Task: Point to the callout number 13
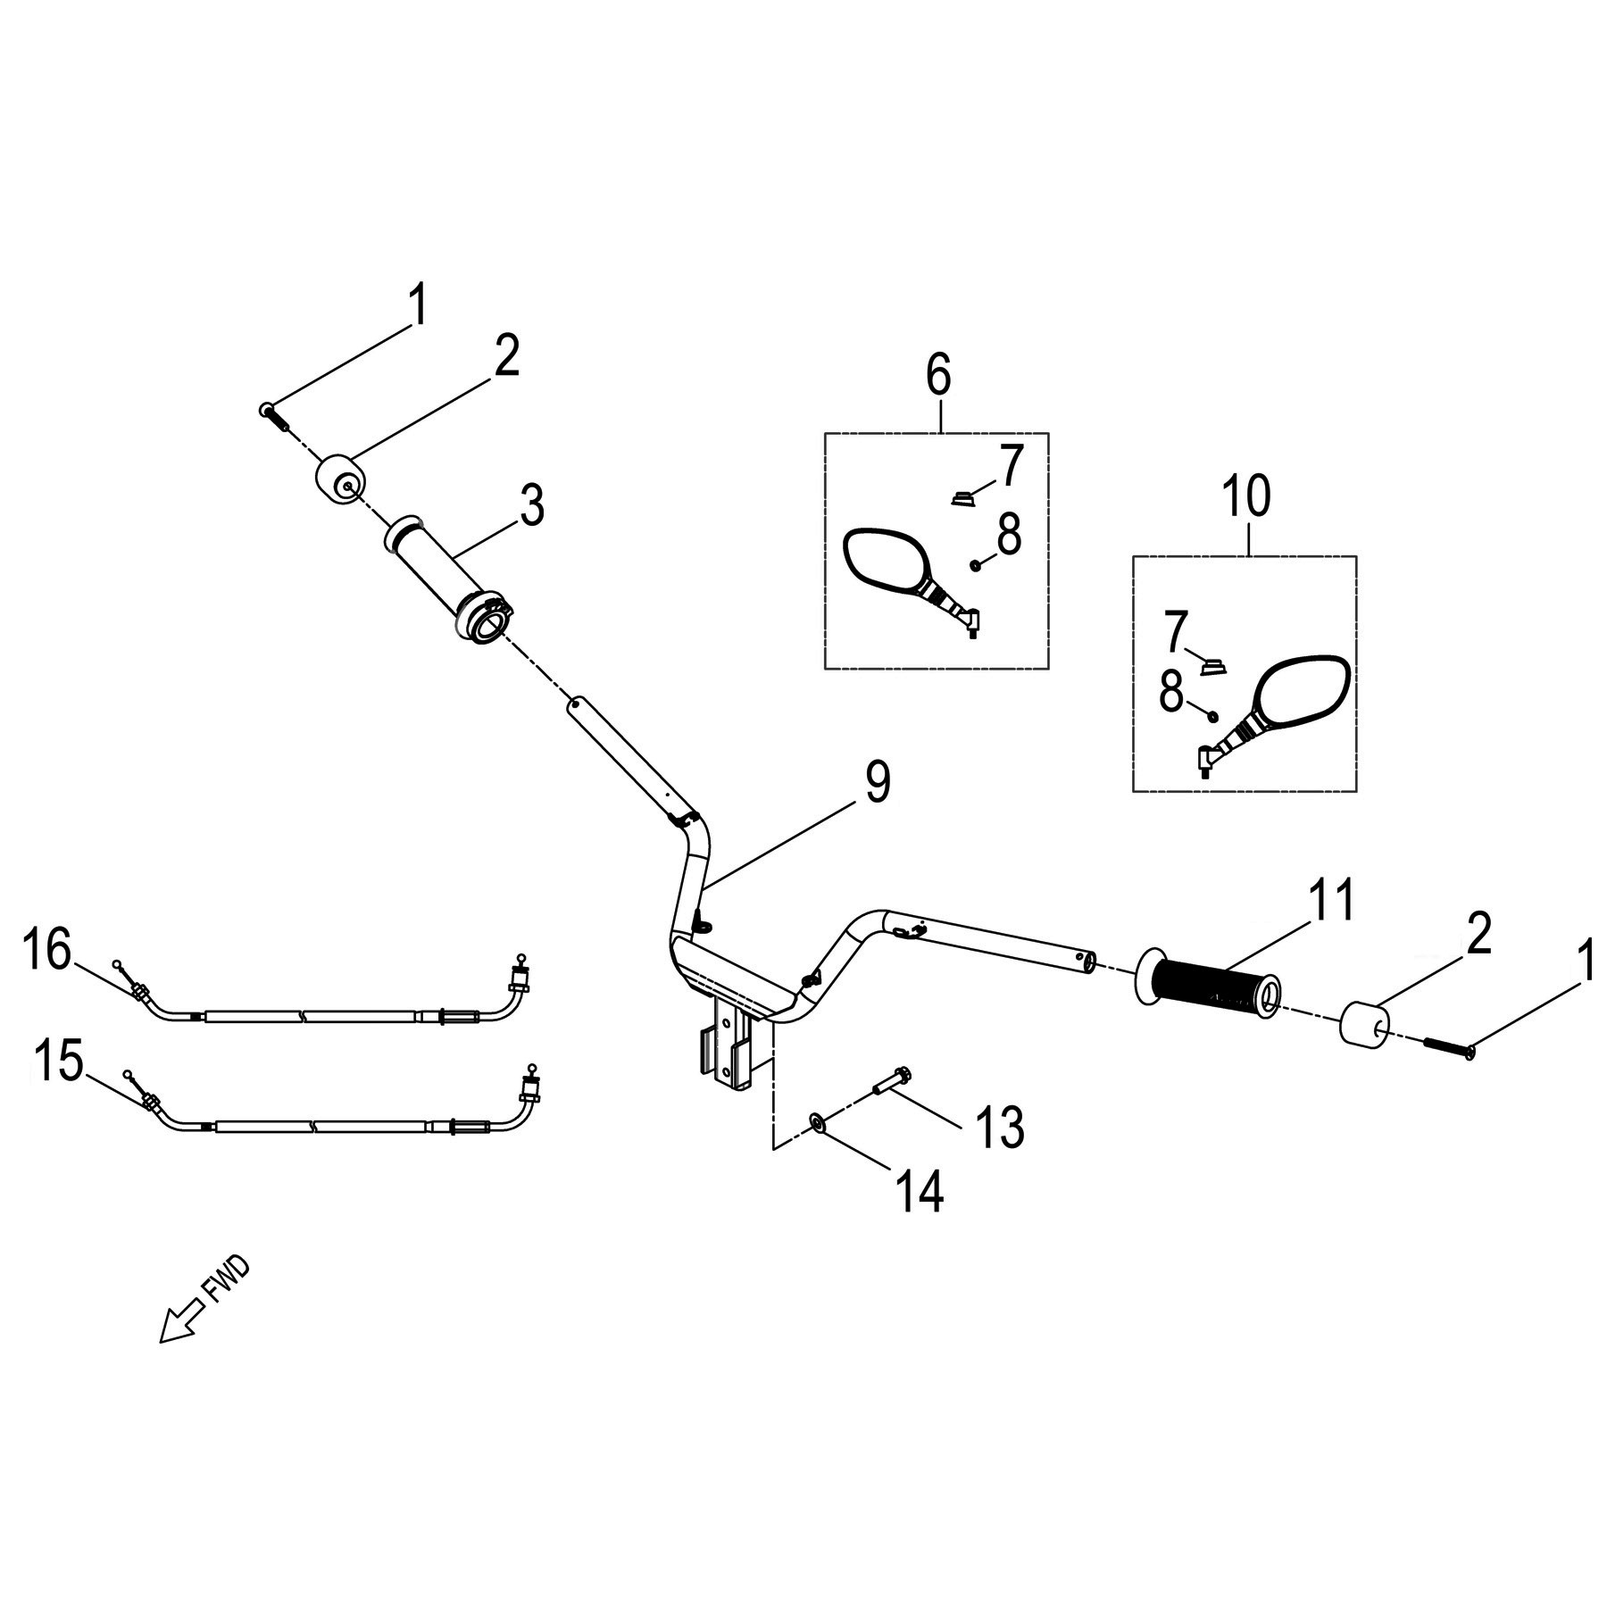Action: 999,1127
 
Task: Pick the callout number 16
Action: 47,950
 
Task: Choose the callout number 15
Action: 58,1063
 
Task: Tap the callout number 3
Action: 531,505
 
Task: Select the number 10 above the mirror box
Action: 1246,497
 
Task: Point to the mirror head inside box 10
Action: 1303,691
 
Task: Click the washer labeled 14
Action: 817,1120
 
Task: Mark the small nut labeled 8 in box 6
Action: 977,564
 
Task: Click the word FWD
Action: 229,1280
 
